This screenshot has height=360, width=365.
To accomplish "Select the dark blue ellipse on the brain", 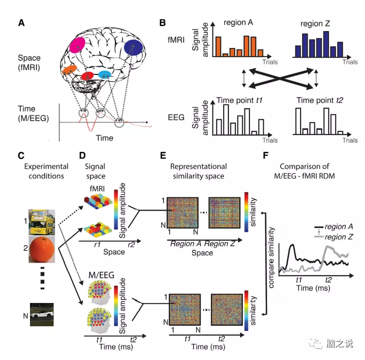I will (x=133, y=49).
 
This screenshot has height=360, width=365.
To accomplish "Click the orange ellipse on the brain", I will (x=69, y=70).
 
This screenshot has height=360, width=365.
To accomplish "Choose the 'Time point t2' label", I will (x=316, y=100).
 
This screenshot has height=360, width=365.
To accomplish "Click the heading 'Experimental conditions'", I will (x=44, y=170).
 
